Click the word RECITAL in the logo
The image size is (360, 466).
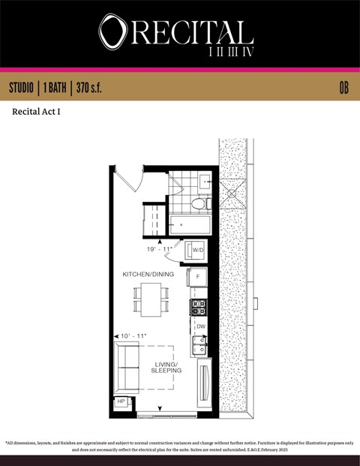click(x=192, y=32)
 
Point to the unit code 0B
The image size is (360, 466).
click(x=343, y=88)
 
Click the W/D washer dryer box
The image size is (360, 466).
click(x=198, y=249)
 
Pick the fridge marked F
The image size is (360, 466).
click(x=197, y=276)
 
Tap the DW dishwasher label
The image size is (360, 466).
click(x=200, y=327)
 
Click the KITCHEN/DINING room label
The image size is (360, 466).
click(x=148, y=275)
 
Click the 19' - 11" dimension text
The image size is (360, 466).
click(x=160, y=248)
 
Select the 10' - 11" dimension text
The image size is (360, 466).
click(x=133, y=335)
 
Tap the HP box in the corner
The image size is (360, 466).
click(x=121, y=402)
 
